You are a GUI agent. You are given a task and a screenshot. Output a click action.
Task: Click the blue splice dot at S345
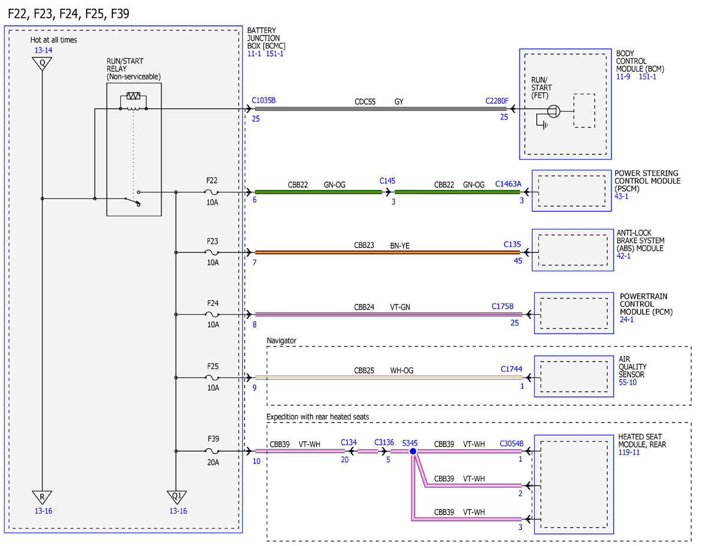pos(413,451)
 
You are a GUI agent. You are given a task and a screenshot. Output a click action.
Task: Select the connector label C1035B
pos(263,100)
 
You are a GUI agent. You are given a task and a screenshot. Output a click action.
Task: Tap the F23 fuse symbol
pos(212,252)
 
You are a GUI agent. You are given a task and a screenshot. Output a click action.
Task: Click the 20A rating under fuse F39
pos(213,462)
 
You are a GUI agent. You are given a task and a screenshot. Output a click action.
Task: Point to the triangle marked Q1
pos(177,497)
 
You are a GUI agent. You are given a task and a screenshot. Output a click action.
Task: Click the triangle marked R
pos(42,497)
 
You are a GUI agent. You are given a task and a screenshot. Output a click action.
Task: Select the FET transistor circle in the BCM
pos(553,111)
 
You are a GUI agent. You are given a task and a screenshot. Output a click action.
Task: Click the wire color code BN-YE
pos(399,246)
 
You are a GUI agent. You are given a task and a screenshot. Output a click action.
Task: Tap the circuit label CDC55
pos(365,102)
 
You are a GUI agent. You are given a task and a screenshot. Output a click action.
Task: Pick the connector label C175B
pos(503,306)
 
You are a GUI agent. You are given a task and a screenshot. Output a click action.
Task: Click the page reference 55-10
pos(627,382)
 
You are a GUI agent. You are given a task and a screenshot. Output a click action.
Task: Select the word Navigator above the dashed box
pos(282,340)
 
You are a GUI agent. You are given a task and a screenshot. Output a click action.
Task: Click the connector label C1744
pos(511,369)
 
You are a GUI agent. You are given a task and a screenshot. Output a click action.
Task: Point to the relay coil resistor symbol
pos(133,96)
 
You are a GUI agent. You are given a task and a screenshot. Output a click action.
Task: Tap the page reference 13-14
pos(43,50)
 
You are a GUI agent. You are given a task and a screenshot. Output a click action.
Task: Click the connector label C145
pos(387,181)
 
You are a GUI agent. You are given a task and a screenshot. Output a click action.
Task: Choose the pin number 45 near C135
pos(518,260)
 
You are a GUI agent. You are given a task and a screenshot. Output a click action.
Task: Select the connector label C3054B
pos(511,444)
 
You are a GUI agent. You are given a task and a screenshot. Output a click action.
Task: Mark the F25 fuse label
pos(213,366)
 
